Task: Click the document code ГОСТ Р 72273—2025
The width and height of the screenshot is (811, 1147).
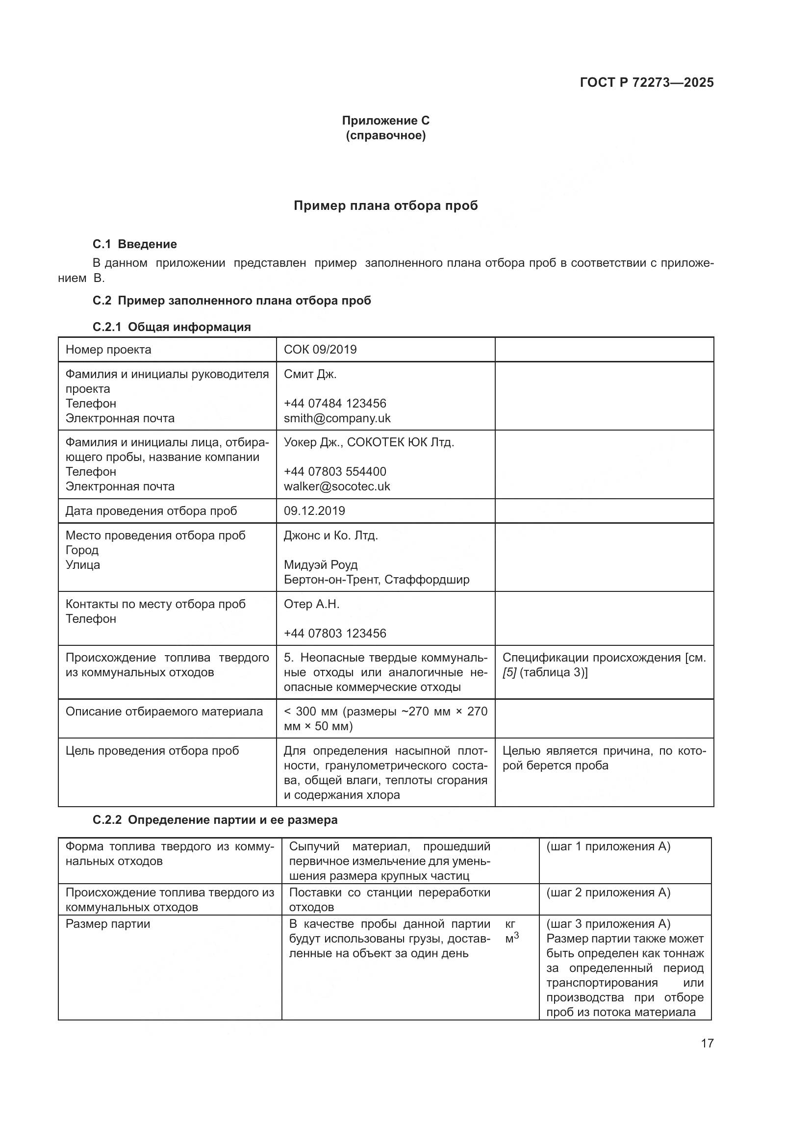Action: click(646, 82)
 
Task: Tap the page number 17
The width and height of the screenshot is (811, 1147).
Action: click(707, 1043)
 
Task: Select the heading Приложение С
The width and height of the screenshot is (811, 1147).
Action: click(385, 121)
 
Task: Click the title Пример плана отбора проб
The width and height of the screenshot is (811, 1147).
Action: click(385, 206)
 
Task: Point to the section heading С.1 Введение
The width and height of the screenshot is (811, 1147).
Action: click(134, 244)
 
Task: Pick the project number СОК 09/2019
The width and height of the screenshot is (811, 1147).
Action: click(320, 349)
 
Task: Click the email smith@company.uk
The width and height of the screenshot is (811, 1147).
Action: click(337, 418)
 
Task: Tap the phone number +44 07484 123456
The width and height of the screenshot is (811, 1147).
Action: click(334, 403)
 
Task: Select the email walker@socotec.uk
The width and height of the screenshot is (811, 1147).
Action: click(336, 486)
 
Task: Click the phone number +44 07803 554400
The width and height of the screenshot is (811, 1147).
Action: click(334, 472)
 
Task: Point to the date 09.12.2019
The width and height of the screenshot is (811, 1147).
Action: click(314, 510)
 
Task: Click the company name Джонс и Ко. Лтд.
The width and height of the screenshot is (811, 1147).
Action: click(330, 535)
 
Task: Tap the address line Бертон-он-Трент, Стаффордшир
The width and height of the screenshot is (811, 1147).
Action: click(376, 580)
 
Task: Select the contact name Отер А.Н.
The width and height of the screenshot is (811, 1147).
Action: click(311, 604)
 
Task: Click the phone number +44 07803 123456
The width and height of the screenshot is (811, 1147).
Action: click(334, 634)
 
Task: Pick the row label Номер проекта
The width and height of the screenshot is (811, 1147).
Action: click(108, 349)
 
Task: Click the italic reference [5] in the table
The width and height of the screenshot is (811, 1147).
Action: click(509, 672)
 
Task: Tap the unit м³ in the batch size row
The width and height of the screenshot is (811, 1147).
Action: click(511, 938)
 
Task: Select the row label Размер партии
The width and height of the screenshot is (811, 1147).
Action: click(107, 924)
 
